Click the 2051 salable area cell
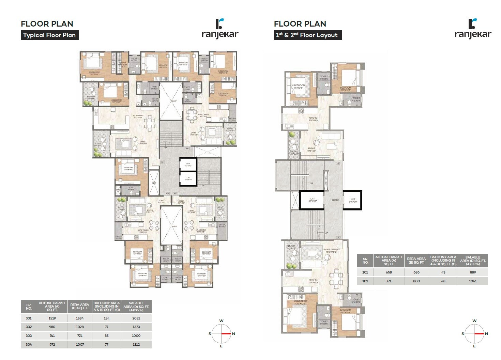click(x=136, y=318)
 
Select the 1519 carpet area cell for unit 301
click(x=52, y=318)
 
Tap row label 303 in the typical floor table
click(x=29, y=335)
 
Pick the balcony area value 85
click(x=107, y=335)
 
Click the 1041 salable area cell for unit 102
click(x=473, y=281)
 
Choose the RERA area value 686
click(x=416, y=272)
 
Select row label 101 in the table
click(x=365, y=272)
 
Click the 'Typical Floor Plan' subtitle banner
click(x=49, y=35)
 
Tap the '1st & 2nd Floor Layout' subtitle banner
click(x=307, y=35)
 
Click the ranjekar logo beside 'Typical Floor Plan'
click(x=220, y=29)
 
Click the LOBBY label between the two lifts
click(x=335, y=200)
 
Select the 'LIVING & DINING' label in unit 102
click(x=331, y=250)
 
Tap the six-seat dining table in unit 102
click(x=336, y=278)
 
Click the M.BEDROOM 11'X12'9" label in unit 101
click(x=298, y=87)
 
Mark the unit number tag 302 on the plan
click(x=187, y=148)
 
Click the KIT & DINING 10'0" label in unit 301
click(x=138, y=116)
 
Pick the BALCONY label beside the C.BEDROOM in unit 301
click(x=91, y=97)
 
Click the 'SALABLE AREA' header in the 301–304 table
click(x=136, y=307)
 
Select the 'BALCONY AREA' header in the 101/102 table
click(x=443, y=261)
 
